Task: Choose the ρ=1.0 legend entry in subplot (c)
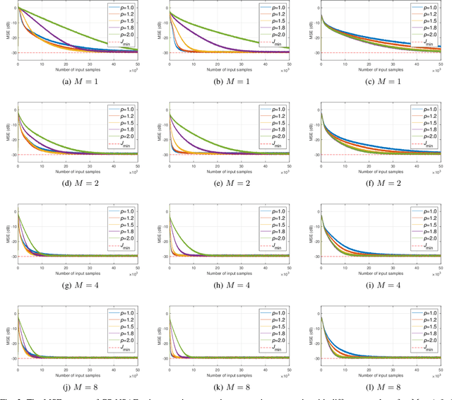tap(424, 8)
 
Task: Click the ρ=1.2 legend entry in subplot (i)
tap(424, 218)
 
